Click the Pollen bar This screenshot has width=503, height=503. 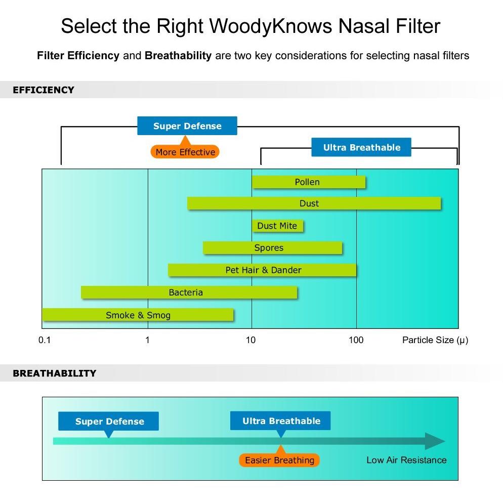[x=309, y=182]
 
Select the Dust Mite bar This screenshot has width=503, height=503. [x=277, y=226]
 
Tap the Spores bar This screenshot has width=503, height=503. [x=272, y=248]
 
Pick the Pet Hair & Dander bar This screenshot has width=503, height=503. [x=262, y=270]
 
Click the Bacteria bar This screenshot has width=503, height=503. [x=189, y=292]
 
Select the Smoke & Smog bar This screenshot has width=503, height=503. [x=138, y=315]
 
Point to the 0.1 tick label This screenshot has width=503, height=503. [x=45, y=340]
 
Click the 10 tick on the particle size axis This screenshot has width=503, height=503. [x=251, y=340]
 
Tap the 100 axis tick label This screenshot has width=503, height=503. [x=356, y=340]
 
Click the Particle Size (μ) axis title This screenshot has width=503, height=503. [x=435, y=340]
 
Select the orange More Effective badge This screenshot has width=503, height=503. [x=185, y=152]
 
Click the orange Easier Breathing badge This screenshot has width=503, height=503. [x=279, y=460]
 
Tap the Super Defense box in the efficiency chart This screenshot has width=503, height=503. [x=187, y=126]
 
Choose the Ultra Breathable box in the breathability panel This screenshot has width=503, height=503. [x=281, y=421]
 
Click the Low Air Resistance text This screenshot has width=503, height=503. [x=406, y=460]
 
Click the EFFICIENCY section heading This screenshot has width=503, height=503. [x=44, y=90]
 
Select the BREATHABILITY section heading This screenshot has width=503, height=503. [x=54, y=373]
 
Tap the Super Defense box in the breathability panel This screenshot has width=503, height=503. [x=109, y=422]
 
